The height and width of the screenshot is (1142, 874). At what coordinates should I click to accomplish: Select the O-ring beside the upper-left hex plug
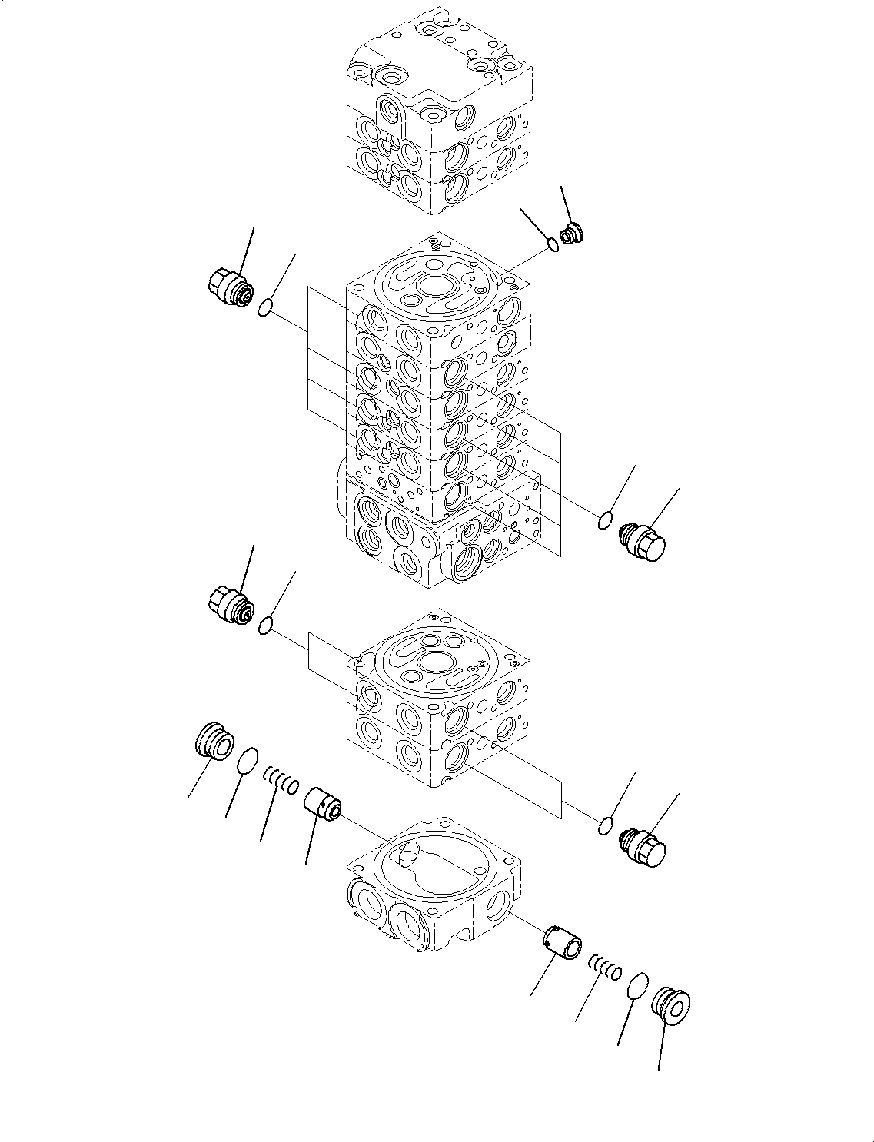point(265,308)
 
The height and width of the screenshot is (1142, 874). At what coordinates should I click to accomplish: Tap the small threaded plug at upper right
point(572,234)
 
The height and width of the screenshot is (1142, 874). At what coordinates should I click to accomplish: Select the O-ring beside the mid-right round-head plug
point(606,522)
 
